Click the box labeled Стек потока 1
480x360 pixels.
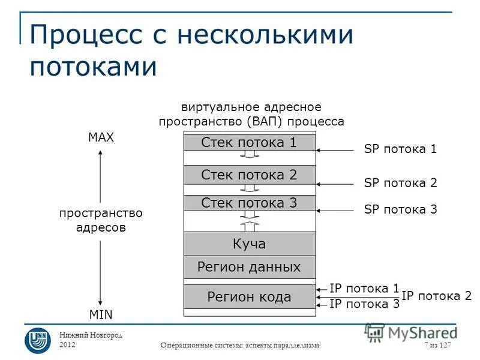249,142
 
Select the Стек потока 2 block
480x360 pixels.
249,175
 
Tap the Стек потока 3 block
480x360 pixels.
249,203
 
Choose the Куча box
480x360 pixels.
249,244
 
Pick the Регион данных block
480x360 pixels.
249,266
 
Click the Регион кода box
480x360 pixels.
249,296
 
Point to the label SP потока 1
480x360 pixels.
400,149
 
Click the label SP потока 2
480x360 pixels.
400,183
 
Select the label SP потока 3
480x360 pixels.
400,209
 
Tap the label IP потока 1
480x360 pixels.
364,288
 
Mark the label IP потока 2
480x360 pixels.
436,295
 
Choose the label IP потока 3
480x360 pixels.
364,304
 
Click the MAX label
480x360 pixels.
101,137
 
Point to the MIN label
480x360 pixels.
101,314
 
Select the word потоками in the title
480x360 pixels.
93,66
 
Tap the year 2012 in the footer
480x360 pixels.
68,344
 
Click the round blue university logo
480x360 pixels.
37,340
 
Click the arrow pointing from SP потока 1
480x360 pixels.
336,150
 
